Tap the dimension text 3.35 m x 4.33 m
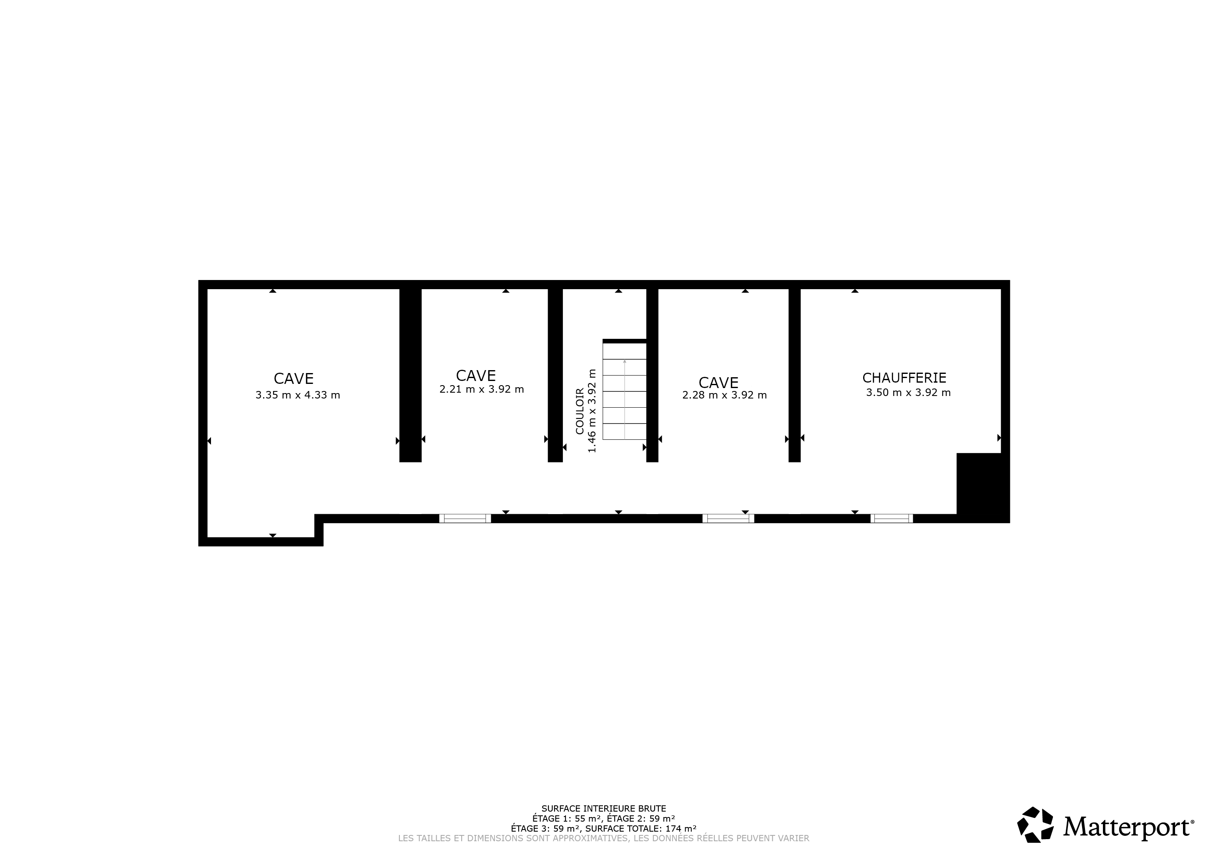[x=298, y=395]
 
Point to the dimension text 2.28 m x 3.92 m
[x=724, y=395]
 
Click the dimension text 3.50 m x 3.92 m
[x=908, y=392]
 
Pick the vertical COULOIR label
[x=579, y=411]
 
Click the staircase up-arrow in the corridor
[x=625, y=398]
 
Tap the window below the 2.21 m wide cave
[x=465, y=519]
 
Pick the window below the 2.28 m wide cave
[x=728, y=519]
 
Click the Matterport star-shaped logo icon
[x=1035, y=825]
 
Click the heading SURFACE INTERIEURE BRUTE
[x=603, y=808]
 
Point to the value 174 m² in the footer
[x=681, y=828]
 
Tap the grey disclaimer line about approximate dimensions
[x=603, y=838]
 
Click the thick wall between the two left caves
[x=410, y=375]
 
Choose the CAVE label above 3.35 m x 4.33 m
[x=294, y=378]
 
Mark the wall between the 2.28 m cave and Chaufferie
[x=794, y=375]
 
